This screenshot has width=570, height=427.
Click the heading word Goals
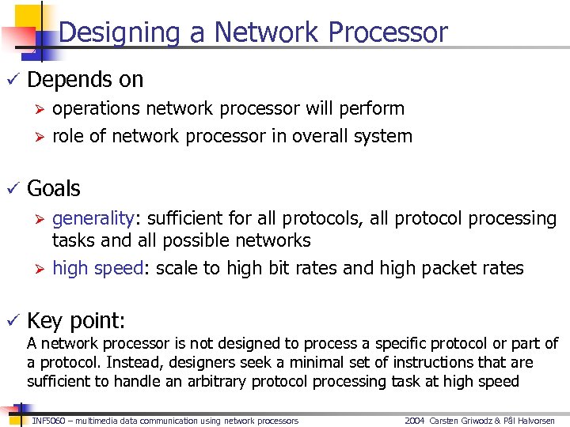click(54, 189)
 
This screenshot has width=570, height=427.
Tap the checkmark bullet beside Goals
click(11, 189)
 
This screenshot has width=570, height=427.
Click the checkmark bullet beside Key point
click(11, 320)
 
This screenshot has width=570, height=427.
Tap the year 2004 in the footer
click(415, 421)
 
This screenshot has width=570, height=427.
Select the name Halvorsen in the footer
click(533, 421)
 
